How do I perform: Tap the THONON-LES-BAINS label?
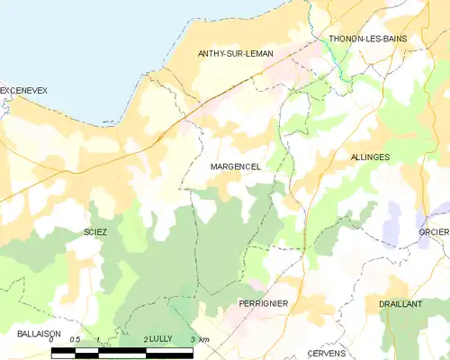(x=368, y=39)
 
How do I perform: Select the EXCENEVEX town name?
(x=23, y=91)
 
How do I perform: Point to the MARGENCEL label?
(x=236, y=167)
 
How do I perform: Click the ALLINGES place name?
(x=369, y=157)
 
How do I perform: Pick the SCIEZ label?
(x=95, y=231)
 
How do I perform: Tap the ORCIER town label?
(x=433, y=231)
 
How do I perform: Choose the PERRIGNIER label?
(x=263, y=304)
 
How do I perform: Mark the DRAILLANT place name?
(x=400, y=304)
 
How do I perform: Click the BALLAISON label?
(x=39, y=333)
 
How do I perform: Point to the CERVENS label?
(x=327, y=353)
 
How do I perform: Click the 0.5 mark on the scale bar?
(x=76, y=339)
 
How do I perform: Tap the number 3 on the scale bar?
(x=193, y=339)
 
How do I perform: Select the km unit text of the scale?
(x=204, y=339)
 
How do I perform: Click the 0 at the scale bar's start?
(x=52, y=339)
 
